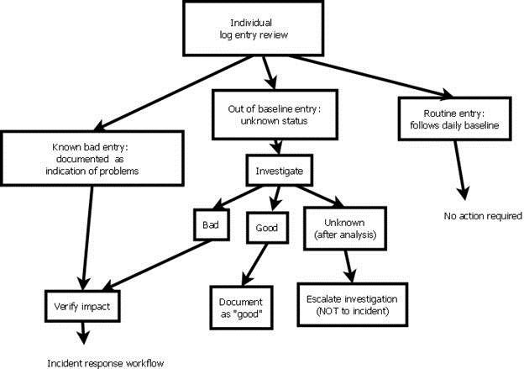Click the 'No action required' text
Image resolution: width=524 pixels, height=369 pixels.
[483, 216]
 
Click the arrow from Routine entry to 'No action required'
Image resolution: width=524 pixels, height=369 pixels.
[458, 168]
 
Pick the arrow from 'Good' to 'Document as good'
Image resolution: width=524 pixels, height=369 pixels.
[249, 262]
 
